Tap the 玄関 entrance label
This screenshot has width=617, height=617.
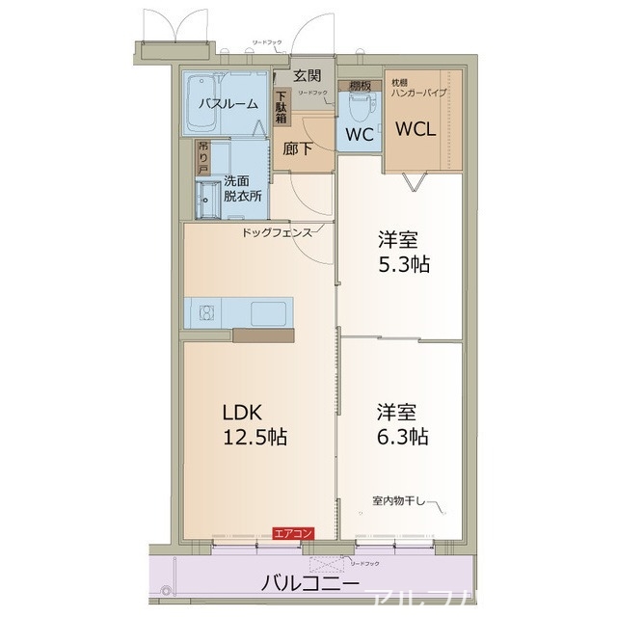pos(308,75)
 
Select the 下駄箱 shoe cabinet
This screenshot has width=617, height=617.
pos(282,106)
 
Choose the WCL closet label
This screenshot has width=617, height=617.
pos(419,128)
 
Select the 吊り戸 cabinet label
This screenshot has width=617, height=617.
pos(202,156)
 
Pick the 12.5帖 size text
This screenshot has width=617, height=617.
pos(255,437)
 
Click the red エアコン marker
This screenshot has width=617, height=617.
pos(292,533)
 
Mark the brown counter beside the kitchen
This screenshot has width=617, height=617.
pos(263,336)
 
